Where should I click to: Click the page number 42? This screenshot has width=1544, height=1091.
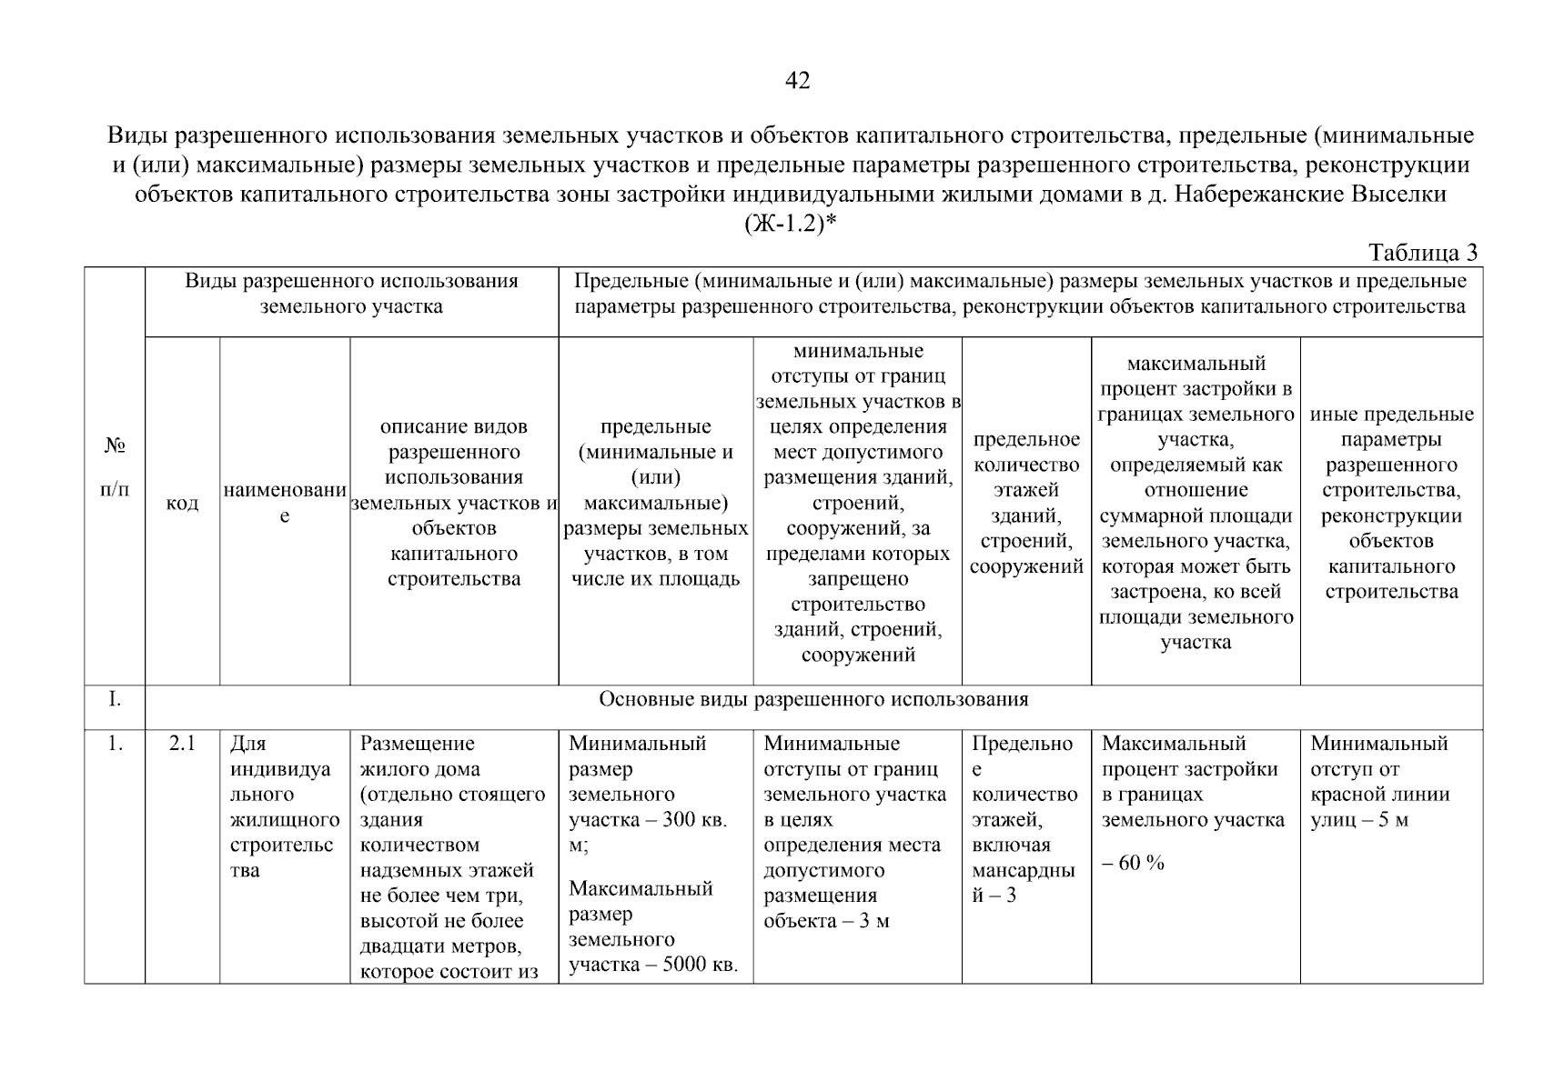797,81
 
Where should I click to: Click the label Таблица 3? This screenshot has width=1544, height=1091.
1423,253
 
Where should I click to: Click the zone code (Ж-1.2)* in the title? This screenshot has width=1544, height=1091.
790,224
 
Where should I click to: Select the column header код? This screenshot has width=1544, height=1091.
182,504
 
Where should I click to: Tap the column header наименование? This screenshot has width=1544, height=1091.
285,504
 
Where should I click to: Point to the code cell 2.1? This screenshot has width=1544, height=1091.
182,744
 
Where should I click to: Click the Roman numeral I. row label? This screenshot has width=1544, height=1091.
115,699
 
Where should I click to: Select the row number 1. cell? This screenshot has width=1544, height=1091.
115,744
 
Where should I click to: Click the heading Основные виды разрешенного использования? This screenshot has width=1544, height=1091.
813,699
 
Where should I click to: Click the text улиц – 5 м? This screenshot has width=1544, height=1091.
1359,820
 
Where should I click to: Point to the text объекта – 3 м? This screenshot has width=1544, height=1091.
826,921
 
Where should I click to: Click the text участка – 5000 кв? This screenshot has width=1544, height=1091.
652,965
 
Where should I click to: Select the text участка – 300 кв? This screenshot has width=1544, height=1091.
648,820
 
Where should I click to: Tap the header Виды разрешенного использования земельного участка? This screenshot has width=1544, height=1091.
351,293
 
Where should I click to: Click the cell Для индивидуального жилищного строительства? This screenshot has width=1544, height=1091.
284,807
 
